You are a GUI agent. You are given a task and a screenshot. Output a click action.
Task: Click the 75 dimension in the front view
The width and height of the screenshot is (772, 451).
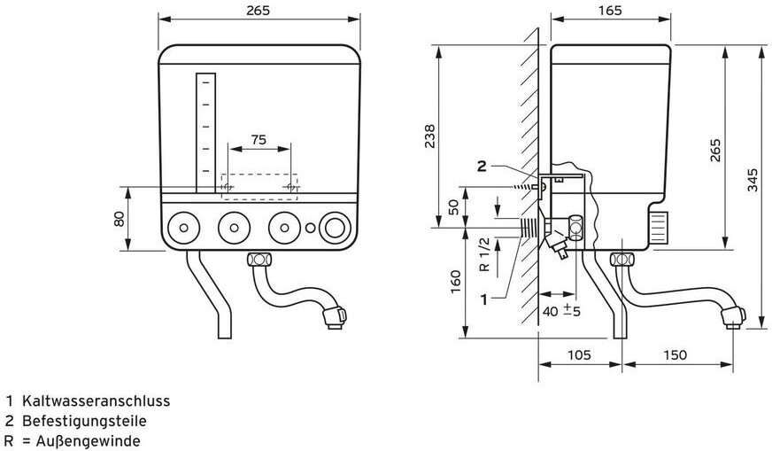(259, 140)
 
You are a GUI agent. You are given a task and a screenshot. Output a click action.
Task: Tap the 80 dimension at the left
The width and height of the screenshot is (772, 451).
(119, 217)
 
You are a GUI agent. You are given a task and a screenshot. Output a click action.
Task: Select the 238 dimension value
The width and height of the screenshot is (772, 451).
(430, 136)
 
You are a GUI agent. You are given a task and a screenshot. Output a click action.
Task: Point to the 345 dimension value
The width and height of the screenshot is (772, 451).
(753, 182)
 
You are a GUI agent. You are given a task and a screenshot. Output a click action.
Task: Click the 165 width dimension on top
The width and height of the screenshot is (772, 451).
(609, 11)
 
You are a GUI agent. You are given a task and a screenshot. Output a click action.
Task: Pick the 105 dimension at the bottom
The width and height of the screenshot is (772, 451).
(580, 354)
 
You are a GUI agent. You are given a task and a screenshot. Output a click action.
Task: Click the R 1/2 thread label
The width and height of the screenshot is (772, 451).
(484, 255)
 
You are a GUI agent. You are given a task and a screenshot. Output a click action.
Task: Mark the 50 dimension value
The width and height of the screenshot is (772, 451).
(453, 207)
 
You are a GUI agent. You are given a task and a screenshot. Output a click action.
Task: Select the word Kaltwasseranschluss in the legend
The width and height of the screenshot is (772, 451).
(96, 400)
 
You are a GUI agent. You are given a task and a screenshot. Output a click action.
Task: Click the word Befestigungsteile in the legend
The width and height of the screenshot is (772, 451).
(84, 421)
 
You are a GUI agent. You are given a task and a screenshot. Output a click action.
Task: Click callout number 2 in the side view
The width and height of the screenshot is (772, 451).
(482, 166)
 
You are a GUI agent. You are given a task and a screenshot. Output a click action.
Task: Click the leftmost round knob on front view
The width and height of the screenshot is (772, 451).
(182, 228)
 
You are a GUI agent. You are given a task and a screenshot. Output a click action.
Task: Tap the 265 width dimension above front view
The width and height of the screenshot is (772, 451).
(259, 11)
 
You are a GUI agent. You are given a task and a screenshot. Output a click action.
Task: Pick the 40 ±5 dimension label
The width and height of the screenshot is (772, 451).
(560, 311)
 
